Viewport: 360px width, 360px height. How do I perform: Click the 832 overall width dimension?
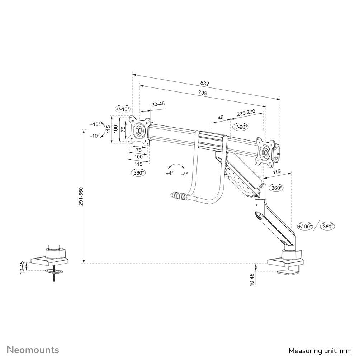click(x=204, y=83)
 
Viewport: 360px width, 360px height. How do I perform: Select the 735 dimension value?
click(x=203, y=93)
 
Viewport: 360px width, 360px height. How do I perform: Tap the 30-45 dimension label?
click(x=158, y=104)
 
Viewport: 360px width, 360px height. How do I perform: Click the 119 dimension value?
click(x=276, y=172)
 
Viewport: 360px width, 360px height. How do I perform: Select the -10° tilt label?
click(x=95, y=136)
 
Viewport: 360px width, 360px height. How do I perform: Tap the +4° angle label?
click(x=169, y=173)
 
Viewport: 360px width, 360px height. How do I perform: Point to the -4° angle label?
click(x=184, y=174)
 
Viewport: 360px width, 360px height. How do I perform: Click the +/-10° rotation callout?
click(x=122, y=109)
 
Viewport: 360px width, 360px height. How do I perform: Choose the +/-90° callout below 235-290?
click(x=241, y=127)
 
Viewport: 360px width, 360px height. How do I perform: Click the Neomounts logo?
click(x=33, y=350)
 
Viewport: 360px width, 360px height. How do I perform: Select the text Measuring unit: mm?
click(x=320, y=350)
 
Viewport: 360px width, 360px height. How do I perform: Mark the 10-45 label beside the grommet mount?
click(x=22, y=268)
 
